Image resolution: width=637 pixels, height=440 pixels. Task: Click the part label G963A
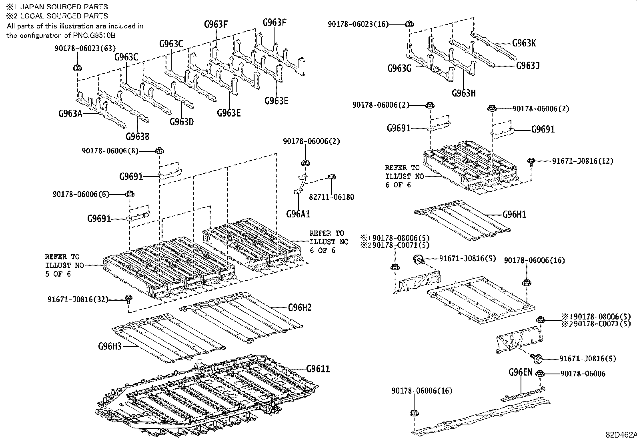[x=70, y=113]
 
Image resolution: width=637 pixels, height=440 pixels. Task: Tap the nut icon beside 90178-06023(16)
[x=409, y=24]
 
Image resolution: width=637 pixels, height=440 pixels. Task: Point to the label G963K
[x=524, y=43]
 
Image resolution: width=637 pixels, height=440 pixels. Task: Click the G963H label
[x=464, y=93]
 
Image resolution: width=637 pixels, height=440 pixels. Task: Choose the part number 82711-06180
[x=331, y=197]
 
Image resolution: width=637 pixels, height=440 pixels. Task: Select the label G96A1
[x=298, y=214]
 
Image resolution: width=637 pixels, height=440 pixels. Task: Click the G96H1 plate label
[x=514, y=215]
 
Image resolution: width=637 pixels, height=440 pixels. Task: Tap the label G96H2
[x=300, y=307]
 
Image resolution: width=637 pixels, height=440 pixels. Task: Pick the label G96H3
[x=109, y=346]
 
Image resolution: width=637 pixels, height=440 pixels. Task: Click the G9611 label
[x=318, y=369]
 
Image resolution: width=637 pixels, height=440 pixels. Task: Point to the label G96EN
[x=520, y=372]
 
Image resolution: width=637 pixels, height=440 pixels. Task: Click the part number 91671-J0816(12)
[x=583, y=161]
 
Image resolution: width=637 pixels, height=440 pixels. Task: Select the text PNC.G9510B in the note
[x=100, y=35]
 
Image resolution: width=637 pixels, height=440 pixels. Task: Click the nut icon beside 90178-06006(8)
[x=159, y=151]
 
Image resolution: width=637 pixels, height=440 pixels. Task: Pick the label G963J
[x=528, y=65]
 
